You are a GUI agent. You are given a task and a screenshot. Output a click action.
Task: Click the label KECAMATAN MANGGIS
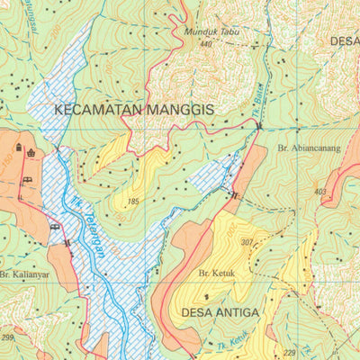pos(134,109)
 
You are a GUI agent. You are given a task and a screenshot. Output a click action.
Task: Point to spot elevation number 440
pos(207,43)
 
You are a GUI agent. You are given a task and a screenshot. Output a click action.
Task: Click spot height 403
pos(320,192)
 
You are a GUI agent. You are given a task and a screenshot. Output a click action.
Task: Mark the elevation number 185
pos(135,201)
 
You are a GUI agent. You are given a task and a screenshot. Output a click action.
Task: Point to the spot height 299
pos(7,337)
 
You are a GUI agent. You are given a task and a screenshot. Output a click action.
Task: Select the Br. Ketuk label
pos(216,273)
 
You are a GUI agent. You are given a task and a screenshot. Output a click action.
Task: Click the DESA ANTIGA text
pos(220,312)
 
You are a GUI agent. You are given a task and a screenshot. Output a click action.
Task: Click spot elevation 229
pos(289,353)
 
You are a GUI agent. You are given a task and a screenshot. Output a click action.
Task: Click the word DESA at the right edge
pos(345,41)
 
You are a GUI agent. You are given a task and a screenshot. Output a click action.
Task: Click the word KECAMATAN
pos(98,109)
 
